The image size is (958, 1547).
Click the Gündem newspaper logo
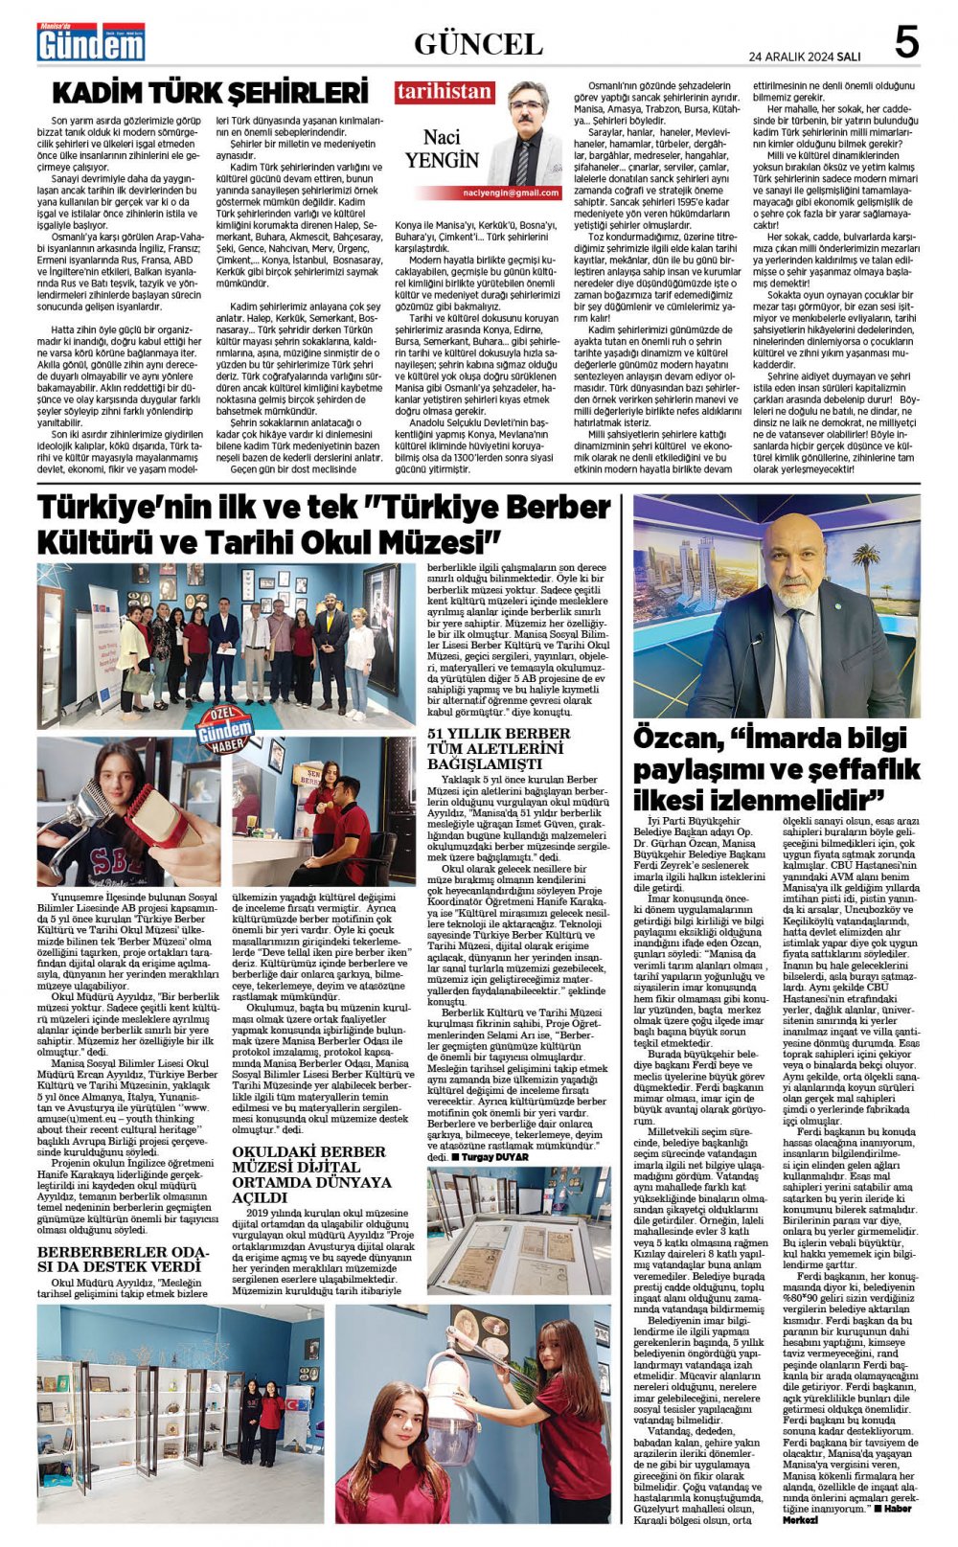pyautogui.click(x=90, y=41)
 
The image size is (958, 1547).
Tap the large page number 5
pyautogui.click(x=905, y=43)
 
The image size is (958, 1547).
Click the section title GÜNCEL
pyautogui.click(x=478, y=43)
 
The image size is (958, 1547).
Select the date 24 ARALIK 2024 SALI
pyautogui.click(x=804, y=57)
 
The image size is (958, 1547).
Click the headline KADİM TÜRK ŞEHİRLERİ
pyautogui.click(x=210, y=93)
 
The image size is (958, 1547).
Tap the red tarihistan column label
pyautogui.click(x=445, y=93)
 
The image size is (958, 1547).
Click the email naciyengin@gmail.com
pyautogui.click(x=522, y=193)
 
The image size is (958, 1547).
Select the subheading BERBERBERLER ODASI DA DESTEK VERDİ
pyautogui.click(x=123, y=1259)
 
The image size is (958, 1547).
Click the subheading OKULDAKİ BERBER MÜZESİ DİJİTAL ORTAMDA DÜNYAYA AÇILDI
pyautogui.click(x=312, y=1174)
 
